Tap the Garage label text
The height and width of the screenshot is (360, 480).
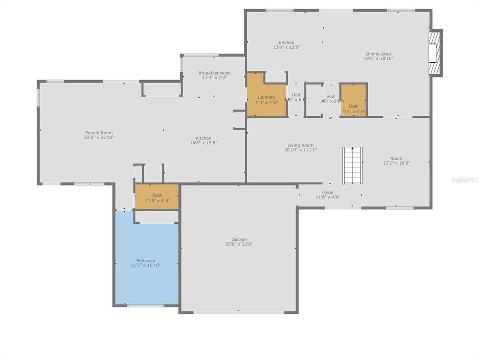(239, 239)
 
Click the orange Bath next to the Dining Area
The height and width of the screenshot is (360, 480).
(354, 100)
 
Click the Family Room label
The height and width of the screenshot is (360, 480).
(99, 133)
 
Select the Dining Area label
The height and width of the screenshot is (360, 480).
(378, 54)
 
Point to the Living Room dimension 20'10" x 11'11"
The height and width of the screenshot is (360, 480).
(300, 150)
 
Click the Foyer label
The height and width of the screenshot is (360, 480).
(328, 192)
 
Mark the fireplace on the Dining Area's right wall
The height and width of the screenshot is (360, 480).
(436, 53)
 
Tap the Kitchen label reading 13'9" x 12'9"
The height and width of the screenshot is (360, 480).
(286, 43)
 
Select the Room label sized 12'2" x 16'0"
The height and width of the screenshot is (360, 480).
(396, 158)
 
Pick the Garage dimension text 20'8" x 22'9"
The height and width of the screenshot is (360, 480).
(239, 244)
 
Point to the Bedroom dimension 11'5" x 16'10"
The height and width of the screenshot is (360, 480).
(146, 265)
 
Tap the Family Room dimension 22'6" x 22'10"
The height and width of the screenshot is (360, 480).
(99, 137)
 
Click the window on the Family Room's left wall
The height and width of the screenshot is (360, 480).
(38, 98)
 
